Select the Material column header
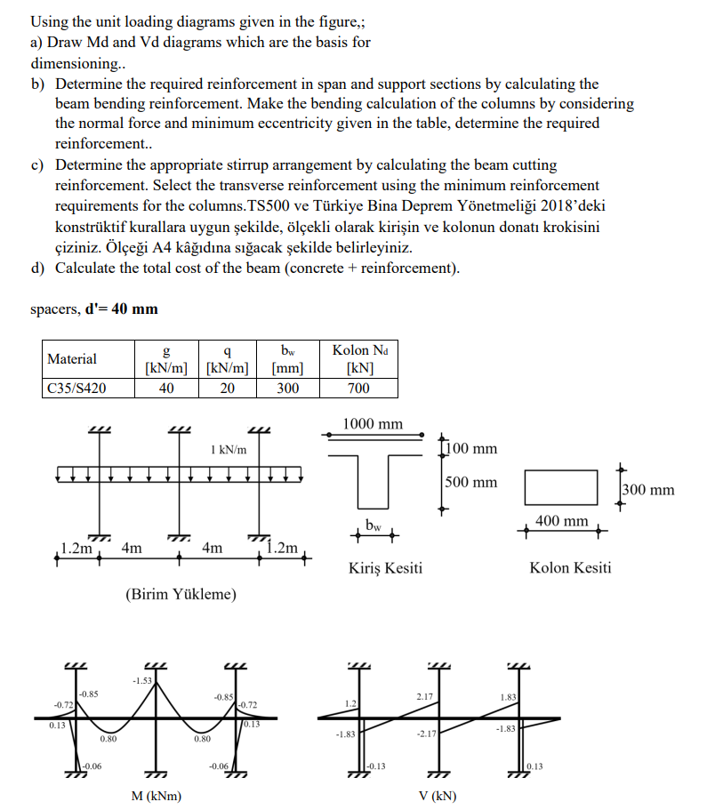tap(72, 359)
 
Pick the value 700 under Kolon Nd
tap(358, 388)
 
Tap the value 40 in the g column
tap(165, 388)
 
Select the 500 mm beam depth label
tap(471, 483)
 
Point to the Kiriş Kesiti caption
tap(385, 567)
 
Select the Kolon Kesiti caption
tap(570, 567)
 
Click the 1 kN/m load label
tap(229, 450)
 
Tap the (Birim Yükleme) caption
tap(181, 593)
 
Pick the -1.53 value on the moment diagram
tap(141, 681)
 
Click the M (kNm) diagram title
tap(156, 796)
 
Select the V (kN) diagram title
tap(436, 796)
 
